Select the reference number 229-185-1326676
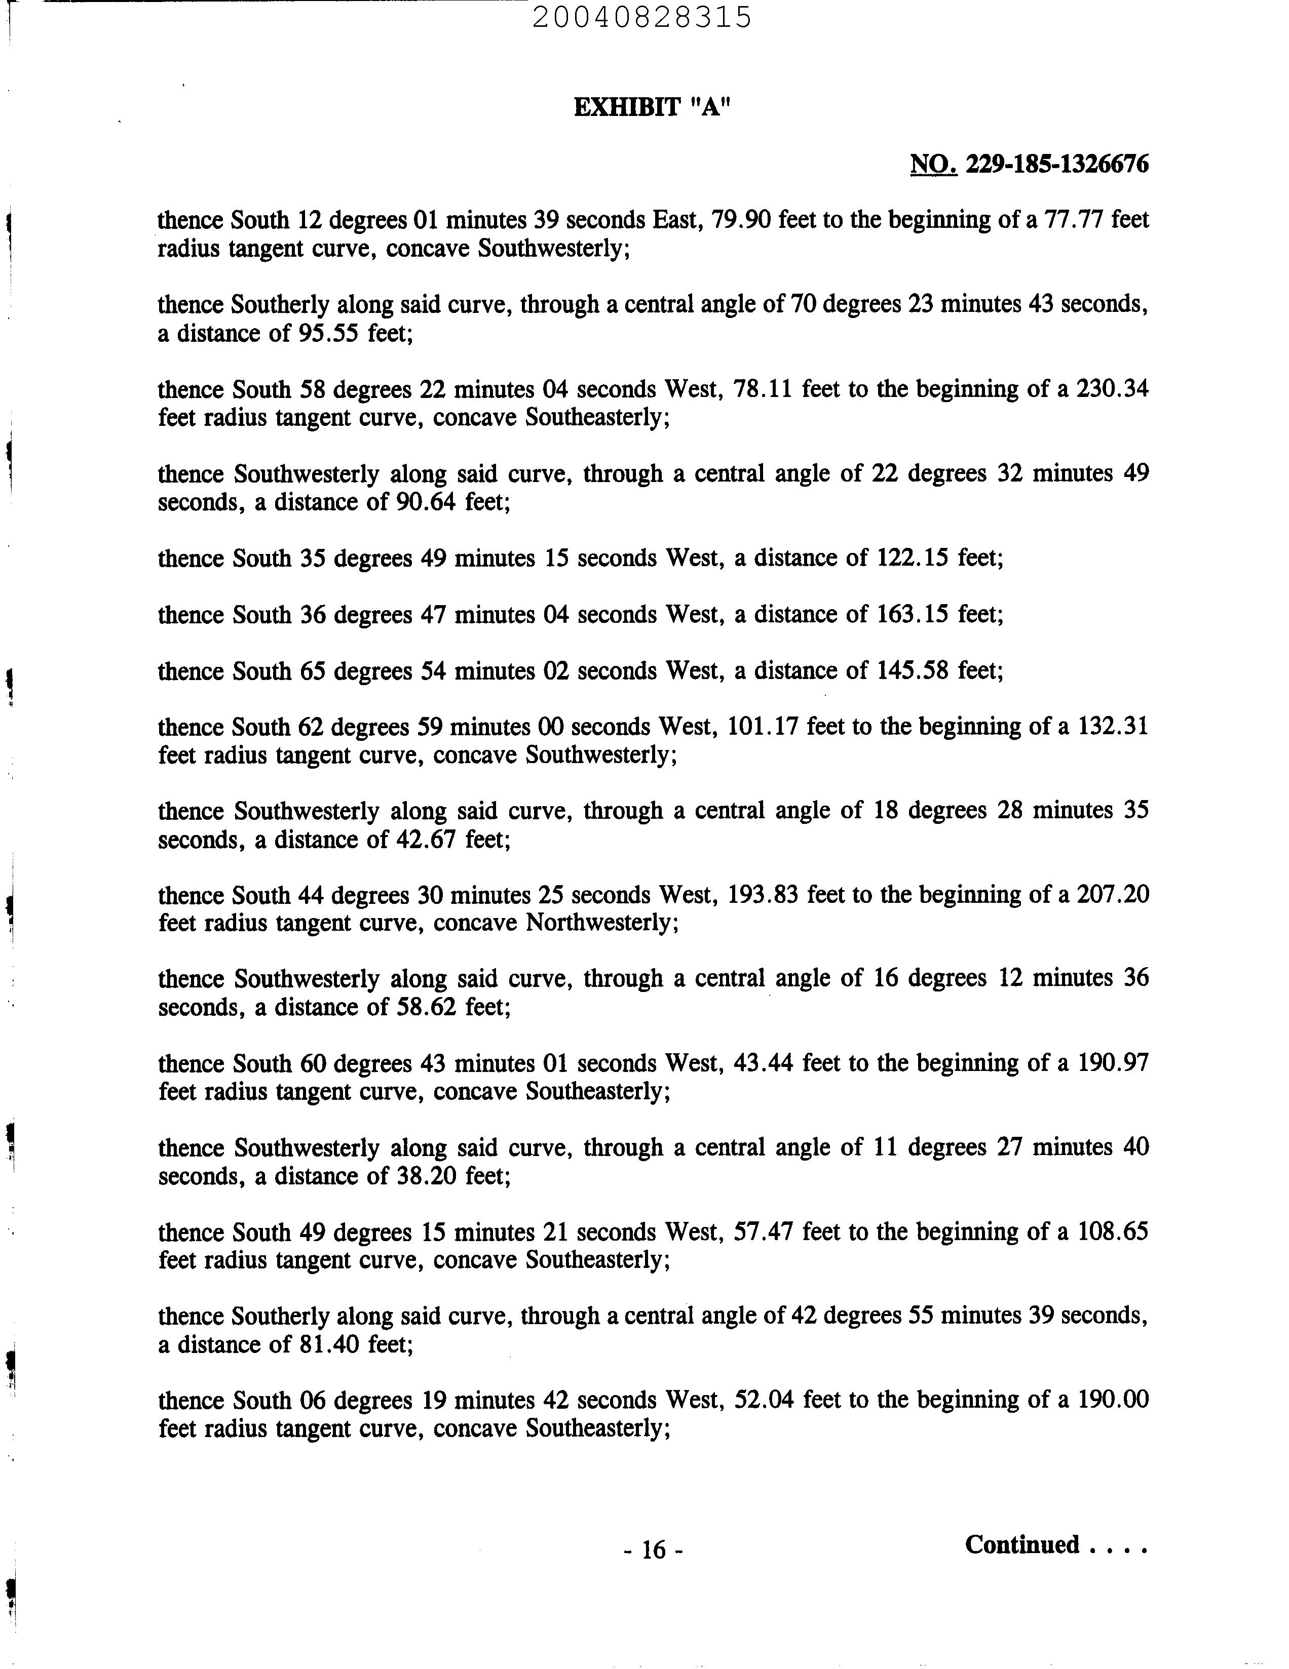click(1057, 164)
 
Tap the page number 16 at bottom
click(653, 1549)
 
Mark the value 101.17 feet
click(762, 726)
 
